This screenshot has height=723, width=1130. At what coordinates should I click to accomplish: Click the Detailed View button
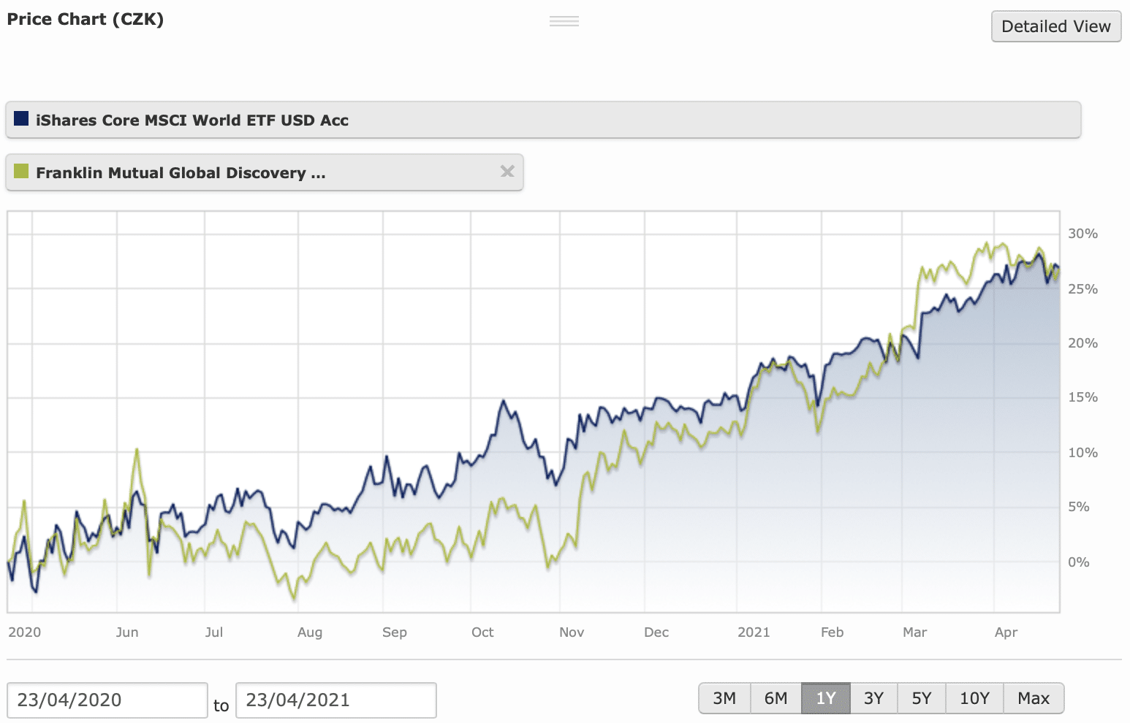(1055, 26)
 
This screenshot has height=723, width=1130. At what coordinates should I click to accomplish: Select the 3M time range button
(724, 698)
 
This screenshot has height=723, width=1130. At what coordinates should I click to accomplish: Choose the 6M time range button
(776, 698)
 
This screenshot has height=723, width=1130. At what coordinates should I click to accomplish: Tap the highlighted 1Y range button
(825, 698)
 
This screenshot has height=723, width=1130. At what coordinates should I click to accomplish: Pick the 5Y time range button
(921, 698)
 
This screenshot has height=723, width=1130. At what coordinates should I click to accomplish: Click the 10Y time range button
(974, 698)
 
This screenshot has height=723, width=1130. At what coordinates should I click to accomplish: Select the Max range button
(1034, 698)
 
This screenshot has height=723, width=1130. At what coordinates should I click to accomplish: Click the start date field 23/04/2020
(107, 700)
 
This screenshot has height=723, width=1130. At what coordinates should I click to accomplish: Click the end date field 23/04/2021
(335, 700)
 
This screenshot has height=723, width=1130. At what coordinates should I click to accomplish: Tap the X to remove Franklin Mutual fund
(507, 171)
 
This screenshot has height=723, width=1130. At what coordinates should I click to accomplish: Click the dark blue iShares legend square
(21, 118)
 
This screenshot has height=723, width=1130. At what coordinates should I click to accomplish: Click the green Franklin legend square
(21, 171)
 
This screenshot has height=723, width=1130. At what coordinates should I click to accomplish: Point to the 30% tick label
(1082, 234)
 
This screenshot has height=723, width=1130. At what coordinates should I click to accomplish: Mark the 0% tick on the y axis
(1078, 562)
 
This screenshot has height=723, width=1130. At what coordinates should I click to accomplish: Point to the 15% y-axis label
(1082, 397)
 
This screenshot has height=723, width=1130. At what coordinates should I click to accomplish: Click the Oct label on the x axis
(482, 632)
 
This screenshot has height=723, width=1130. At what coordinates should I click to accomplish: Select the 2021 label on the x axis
(754, 632)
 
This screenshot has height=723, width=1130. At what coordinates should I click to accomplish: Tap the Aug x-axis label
(310, 632)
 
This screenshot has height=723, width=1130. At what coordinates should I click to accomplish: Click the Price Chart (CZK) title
(86, 19)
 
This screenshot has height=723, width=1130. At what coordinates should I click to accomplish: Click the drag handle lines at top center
(564, 21)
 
